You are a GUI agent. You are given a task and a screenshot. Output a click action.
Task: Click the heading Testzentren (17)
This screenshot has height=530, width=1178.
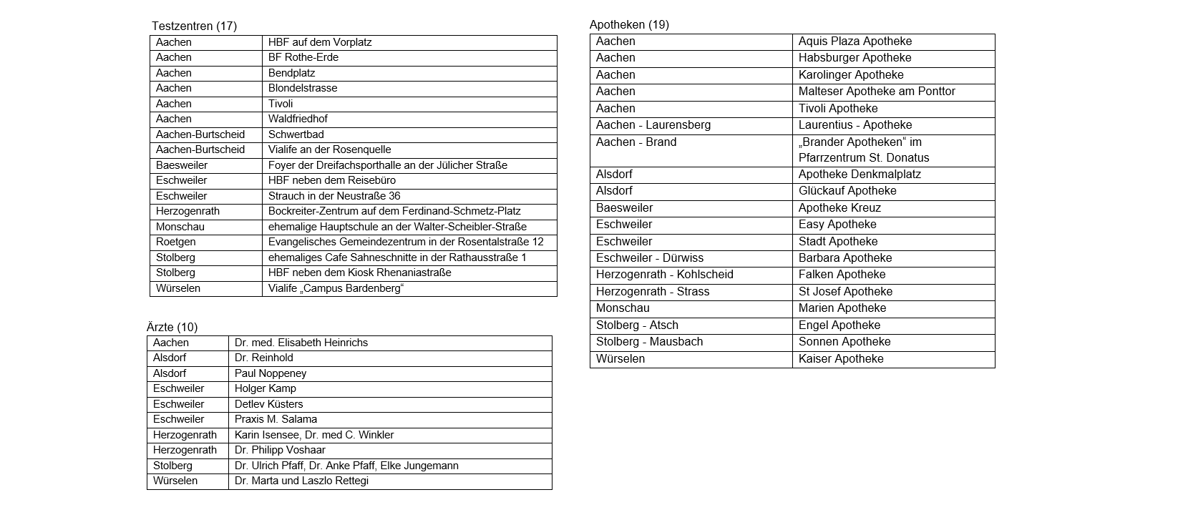pos(194,26)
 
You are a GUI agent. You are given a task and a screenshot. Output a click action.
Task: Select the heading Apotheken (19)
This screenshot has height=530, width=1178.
pos(629,25)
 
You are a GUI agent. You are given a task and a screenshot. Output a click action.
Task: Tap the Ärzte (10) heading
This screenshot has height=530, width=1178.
pos(172,328)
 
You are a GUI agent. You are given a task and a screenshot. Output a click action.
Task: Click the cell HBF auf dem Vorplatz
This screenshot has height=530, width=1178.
pos(320,42)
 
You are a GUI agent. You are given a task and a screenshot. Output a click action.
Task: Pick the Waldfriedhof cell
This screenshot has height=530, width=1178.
pos(298,119)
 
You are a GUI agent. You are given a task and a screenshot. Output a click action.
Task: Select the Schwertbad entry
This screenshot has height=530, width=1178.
pos(296,134)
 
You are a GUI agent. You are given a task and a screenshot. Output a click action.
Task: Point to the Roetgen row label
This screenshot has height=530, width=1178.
pos(176,242)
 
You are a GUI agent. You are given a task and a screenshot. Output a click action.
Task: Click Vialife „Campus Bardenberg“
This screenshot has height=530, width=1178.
pos(336,289)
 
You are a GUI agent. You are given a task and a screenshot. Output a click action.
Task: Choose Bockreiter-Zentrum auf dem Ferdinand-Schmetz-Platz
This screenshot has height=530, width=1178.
pos(394,212)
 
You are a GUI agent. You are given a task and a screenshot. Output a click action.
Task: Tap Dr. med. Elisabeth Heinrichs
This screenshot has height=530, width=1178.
pos(301,343)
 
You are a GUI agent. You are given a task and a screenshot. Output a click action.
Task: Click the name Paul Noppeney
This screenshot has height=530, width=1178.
pos(271,374)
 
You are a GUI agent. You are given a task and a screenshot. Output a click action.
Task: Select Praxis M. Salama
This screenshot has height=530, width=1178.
pos(276,420)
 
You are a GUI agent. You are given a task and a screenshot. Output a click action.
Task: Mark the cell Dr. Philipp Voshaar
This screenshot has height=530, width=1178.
pos(280,451)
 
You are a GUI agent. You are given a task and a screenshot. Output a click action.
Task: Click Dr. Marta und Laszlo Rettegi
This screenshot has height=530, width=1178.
pos(301,481)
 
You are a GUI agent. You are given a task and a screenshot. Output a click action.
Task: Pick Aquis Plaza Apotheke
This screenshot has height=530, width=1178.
pos(855,41)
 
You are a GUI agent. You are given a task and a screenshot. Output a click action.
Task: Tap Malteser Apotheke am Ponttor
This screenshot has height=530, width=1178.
pos(877,92)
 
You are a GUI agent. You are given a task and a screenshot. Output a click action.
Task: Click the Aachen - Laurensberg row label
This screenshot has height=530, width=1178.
pos(653,125)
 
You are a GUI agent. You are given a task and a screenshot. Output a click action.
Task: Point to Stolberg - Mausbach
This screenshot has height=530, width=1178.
pos(649,342)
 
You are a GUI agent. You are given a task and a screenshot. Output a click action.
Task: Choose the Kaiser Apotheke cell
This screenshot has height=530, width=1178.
pos(841,359)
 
